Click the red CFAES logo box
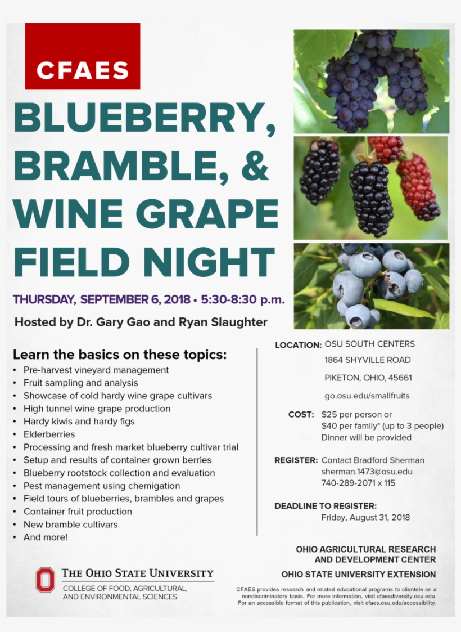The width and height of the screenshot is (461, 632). (82, 56)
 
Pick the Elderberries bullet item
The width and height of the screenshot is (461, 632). (49, 434)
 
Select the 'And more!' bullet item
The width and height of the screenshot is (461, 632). (45, 537)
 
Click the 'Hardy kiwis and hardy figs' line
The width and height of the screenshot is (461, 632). (79, 422)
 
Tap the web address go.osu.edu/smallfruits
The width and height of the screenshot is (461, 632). (367, 396)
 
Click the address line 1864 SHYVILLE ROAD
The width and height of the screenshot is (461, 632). (368, 360)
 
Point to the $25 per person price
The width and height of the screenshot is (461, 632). (356, 415)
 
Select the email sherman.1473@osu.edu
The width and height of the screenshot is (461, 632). (367, 472)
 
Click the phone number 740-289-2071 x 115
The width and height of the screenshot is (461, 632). (358, 483)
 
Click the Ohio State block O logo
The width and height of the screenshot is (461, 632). (45, 580)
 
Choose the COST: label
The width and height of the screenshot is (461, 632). (301, 415)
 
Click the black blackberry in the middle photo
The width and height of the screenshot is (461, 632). (370, 196)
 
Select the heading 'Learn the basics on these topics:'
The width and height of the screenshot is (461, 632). (120, 355)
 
